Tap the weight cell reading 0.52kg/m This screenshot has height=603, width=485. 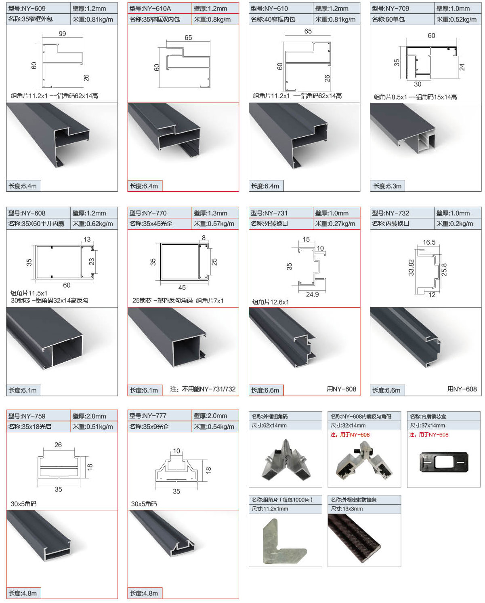[456, 19]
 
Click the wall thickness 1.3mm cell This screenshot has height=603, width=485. [214, 213]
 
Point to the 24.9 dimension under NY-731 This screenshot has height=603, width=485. [312, 294]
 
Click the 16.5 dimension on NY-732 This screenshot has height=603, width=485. [429, 242]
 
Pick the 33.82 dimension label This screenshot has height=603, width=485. [411, 268]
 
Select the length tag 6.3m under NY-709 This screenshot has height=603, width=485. [387, 186]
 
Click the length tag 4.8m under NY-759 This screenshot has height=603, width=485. [23, 593]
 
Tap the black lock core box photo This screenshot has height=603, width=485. [444, 462]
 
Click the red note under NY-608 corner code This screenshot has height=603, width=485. [350, 435]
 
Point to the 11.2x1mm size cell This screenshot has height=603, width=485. [270, 509]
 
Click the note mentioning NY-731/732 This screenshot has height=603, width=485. [203, 389]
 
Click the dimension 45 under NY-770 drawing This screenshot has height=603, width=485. [182, 288]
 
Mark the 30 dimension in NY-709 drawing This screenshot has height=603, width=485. [418, 84]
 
